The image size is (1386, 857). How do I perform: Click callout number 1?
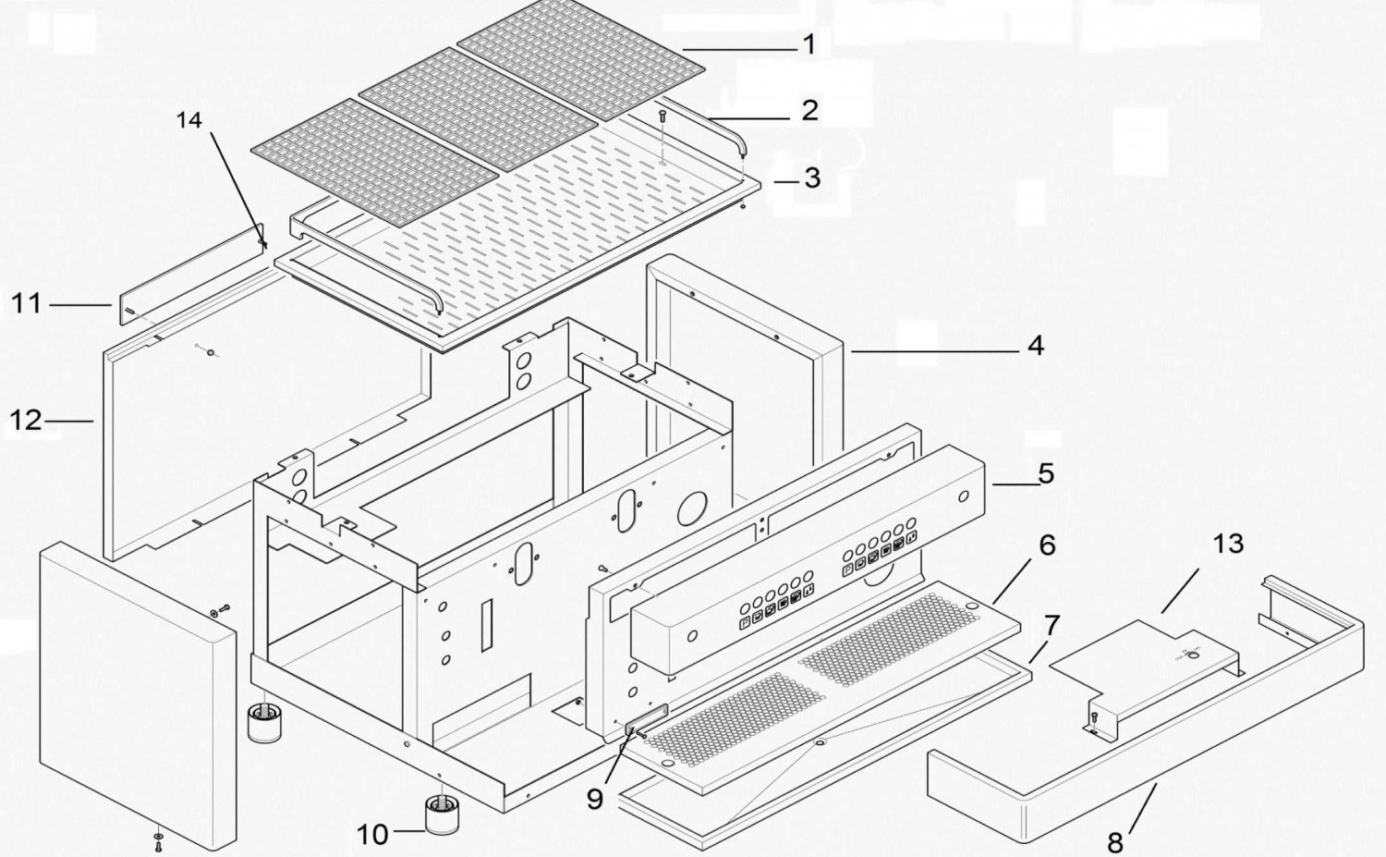tap(809, 44)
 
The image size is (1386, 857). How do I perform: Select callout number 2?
tap(810, 110)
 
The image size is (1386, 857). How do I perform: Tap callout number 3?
tap(812, 178)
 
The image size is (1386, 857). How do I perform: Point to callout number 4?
tap(1036, 346)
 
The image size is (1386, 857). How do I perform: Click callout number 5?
tap(1046, 473)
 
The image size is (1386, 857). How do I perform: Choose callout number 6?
tap(1047, 545)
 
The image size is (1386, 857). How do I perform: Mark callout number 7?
tap(1052, 625)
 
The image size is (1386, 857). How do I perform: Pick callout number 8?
tap(1115, 842)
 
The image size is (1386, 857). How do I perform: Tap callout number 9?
tap(595, 800)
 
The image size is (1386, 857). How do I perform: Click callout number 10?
tap(373, 836)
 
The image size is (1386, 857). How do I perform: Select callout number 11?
tap(27, 304)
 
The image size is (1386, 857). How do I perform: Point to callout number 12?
tap(26, 421)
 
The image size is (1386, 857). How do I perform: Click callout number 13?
tap(1228, 545)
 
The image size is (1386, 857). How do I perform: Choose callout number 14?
tap(189, 120)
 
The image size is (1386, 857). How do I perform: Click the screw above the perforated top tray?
tap(663, 116)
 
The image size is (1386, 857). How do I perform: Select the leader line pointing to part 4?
tap(934, 351)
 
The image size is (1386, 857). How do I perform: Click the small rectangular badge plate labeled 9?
tap(647, 717)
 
